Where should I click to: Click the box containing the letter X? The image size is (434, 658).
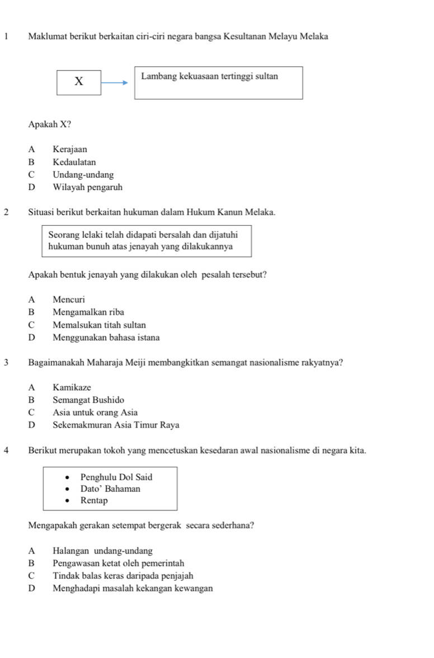pos(79,82)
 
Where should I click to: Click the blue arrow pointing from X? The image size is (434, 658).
pos(115,82)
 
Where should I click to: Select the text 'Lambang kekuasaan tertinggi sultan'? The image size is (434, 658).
pos(210,76)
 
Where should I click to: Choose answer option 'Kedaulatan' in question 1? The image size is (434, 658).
pos(74,162)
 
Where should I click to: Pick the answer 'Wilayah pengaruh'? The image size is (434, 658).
pos(88,187)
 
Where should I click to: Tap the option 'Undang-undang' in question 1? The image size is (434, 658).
pos(83,174)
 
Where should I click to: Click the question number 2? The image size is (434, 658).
pos(6,212)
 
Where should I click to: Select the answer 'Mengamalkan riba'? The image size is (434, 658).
pos(88,312)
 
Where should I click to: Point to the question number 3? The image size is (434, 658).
pos(6,362)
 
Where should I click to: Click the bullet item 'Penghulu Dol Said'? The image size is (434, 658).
pos(116,477)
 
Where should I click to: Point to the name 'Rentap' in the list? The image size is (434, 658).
pos(94,500)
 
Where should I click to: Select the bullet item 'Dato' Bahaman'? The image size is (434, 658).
pos(110,489)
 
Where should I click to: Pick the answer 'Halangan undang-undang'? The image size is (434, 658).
pos(102,551)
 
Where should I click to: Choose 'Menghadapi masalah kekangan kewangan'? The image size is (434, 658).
pos(133,588)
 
